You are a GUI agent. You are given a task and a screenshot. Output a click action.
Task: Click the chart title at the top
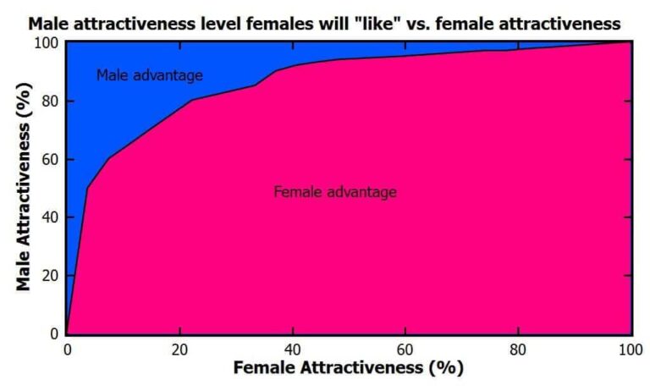(325, 23)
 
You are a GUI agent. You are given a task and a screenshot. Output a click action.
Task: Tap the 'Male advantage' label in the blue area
(149, 75)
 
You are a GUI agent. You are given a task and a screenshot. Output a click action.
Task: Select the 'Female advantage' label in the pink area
(335, 192)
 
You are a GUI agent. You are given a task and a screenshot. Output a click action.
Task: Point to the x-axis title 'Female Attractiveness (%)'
(348, 369)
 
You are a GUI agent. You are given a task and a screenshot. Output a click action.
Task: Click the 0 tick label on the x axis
(67, 349)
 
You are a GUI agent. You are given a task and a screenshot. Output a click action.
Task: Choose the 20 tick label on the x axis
(179, 349)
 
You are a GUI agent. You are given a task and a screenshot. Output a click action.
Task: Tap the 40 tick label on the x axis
(292, 349)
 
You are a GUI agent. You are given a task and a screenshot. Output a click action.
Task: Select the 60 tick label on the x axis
(405, 349)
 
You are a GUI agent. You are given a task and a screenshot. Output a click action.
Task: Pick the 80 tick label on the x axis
(517, 349)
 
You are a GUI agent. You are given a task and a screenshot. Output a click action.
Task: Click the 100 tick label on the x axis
(629, 349)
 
